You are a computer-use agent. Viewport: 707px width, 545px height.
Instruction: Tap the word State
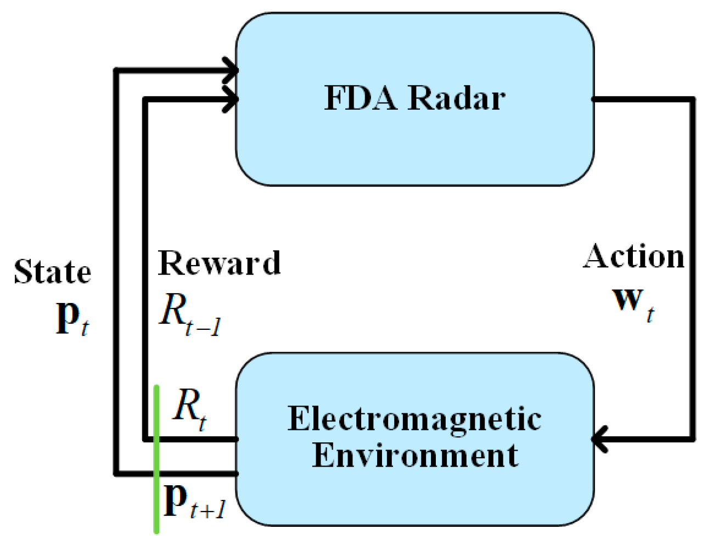(x=52, y=272)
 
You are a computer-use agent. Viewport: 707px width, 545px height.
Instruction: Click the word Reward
(x=219, y=263)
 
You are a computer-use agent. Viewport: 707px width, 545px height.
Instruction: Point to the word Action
(x=634, y=256)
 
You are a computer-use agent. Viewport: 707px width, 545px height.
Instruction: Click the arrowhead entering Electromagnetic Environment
(x=599, y=439)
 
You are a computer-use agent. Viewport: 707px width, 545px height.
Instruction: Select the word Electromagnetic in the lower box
(x=414, y=419)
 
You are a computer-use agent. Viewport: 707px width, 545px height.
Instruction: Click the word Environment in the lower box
(x=414, y=456)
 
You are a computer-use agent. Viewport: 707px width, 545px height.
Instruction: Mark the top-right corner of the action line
(x=693, y=100)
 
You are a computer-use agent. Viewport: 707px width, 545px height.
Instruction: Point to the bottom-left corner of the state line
(x=116, y=473)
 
